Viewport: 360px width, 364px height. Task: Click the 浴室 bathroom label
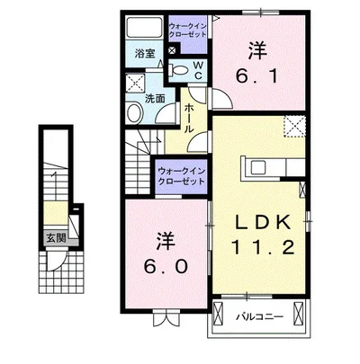click(145, 54)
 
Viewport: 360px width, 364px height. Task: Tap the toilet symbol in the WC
click(178, 70)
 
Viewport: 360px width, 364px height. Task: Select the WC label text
click(198, 70)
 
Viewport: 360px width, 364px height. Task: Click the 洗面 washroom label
click(155, 99)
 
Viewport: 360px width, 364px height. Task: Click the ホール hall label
click(188, 119)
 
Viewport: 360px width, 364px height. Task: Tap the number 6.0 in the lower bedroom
click(166, 266)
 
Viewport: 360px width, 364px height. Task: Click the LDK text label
click(263, 223)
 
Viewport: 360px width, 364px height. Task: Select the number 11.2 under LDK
click(263, 247)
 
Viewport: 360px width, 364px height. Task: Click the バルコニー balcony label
click(259, 316)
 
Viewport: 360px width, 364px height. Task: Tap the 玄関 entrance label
click(56, 238)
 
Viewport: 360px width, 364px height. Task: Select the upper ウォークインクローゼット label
click(188, 30)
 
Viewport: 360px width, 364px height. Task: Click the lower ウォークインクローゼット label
click(181, 176)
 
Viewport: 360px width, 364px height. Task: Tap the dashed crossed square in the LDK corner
click(294, 127)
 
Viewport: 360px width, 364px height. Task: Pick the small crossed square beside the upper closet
click(173, 50)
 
